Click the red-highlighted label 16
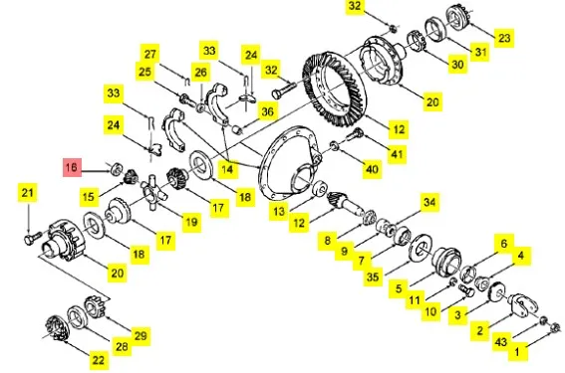73,167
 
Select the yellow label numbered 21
27,193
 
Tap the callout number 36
267,111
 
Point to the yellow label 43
501,342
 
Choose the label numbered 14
227,169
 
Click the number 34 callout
429,202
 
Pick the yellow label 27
149,54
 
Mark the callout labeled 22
99,360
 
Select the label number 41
397,154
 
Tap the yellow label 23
504,38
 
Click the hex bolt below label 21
31,238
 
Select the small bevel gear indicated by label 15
130,176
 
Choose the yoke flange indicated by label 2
522,304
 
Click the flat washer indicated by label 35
422,248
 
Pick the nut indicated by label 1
556,327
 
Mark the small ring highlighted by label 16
117,169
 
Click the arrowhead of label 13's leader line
313,198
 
